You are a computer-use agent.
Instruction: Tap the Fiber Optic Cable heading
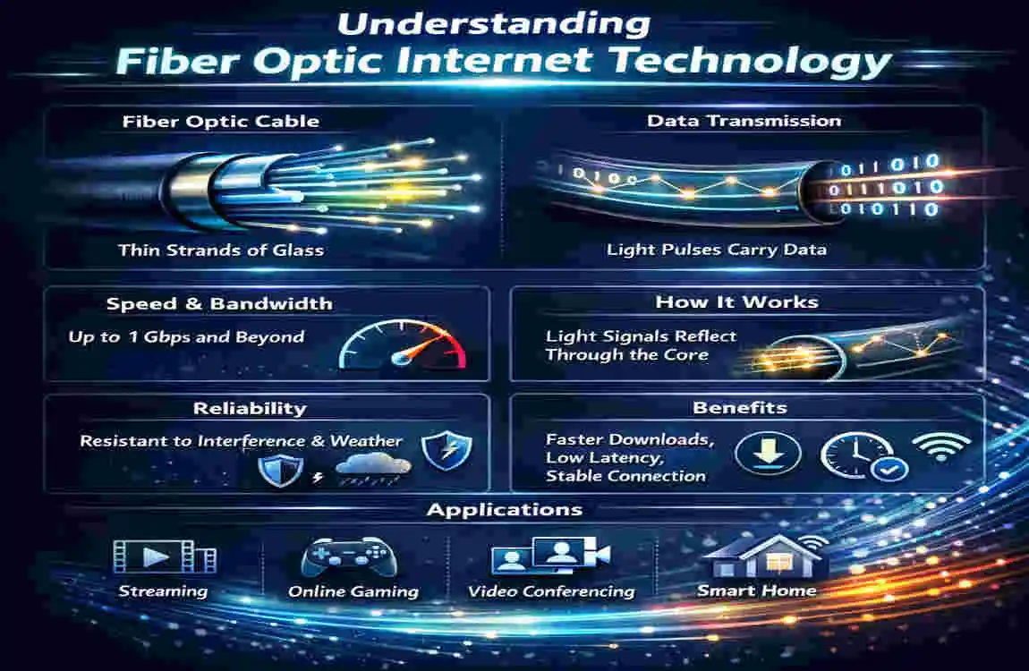(220, 122)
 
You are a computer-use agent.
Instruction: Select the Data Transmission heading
(744, 121)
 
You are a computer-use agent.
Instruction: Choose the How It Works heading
(736, 302)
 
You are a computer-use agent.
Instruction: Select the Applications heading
(505, 511)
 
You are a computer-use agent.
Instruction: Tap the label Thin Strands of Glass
(220, 250)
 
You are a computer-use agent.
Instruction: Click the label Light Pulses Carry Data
(716, 250)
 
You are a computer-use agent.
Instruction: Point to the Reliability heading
(250, 409)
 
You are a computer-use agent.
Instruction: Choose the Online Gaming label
(353, 591)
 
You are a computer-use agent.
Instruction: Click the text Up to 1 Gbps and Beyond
(187, 337)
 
